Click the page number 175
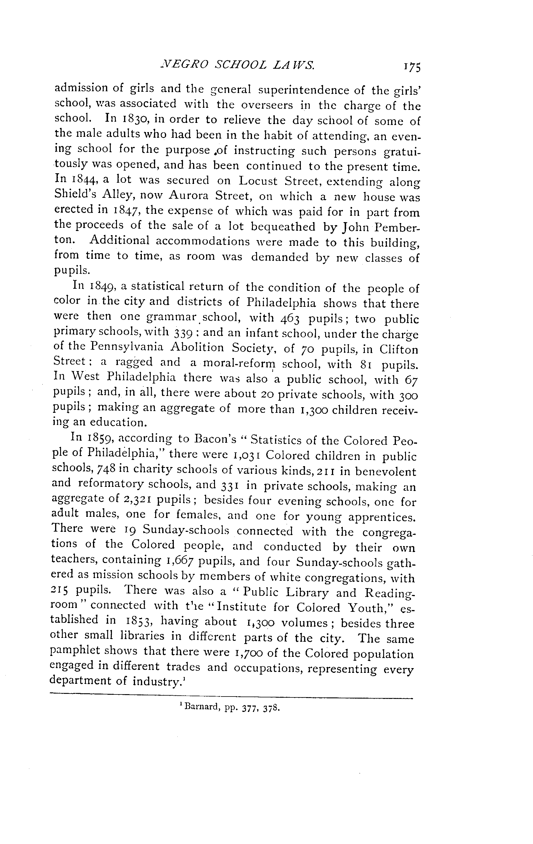[x=412, y=67]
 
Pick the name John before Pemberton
[x=352, y=227]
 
